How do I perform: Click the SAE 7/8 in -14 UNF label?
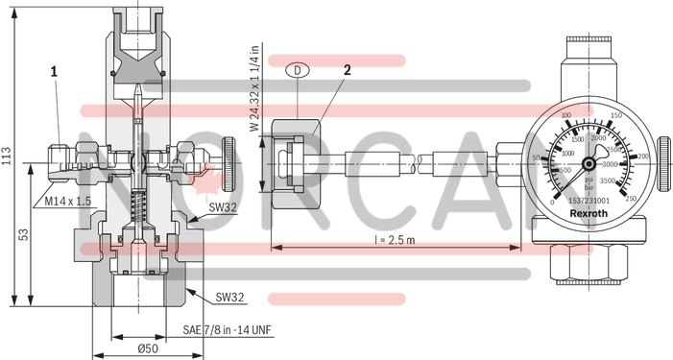[x=227, y=329]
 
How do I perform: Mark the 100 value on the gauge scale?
[x=565, y=116]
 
